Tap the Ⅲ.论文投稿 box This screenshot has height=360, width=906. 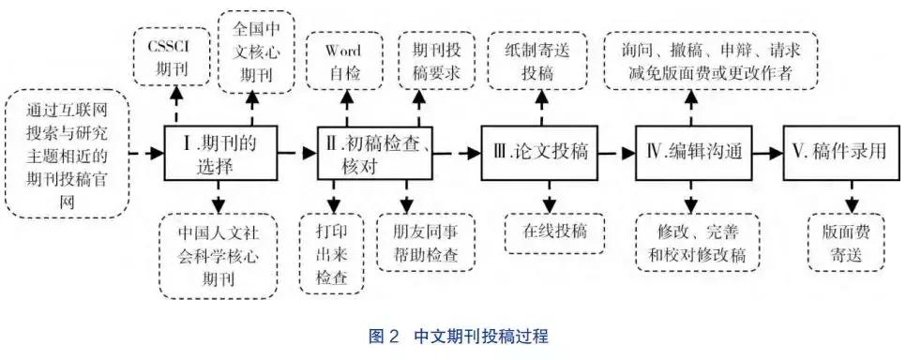(x=540, y=152)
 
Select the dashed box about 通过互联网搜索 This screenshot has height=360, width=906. (x=67, y=152)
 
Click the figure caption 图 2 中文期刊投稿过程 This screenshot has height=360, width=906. (x=453, y=335)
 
